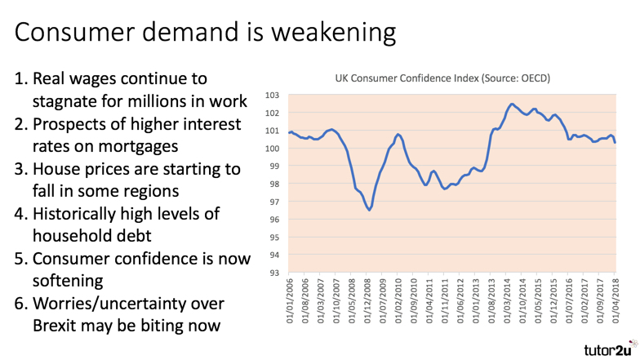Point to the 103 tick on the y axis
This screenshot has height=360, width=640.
coord(273,95)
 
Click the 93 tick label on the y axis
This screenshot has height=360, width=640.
coord(273,273)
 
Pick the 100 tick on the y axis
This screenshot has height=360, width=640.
coord(273,149)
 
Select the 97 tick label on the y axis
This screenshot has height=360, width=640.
coord(273,202)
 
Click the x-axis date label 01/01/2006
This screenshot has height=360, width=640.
coord(291,304)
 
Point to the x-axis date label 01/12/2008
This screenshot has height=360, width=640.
coord(368,304)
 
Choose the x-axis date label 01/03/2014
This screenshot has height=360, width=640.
coord(507,304)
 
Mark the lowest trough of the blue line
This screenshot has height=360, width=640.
coord(370,211)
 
